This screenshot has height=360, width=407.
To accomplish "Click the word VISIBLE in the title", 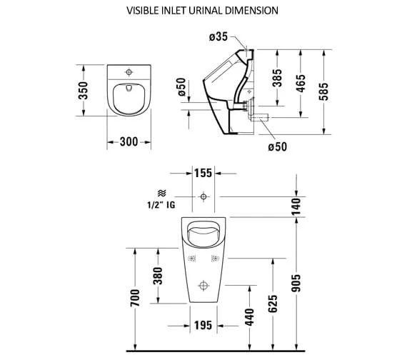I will pyautogui.click(x=146, y=11).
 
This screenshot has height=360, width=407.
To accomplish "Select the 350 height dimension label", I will pyautogui.click(x=84, y=90).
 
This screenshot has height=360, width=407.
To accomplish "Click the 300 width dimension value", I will pyautogui.click(x=129, y=142).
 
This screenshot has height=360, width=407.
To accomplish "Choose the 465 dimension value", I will pyautogui.click(x=301, y=84).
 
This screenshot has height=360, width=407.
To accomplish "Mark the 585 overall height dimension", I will pyautogui.click(x=332, y=90).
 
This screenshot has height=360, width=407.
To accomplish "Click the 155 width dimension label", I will pyautogui.click(x=204, y=174).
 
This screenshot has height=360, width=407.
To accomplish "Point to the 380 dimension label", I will pyautogui.click(x=159, y=274).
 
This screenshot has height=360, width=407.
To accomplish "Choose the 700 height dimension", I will pyautogui.click(x=134, y=298).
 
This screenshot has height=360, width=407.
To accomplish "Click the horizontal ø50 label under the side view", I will pyautogui.click(x=278, y=147).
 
